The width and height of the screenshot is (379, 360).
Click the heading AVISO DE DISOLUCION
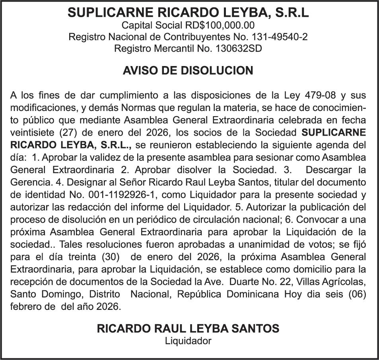[188, 71]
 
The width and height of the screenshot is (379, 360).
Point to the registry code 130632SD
[238, 49]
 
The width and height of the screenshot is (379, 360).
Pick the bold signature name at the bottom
[188, 329]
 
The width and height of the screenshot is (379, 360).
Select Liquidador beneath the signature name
[188, 341]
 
